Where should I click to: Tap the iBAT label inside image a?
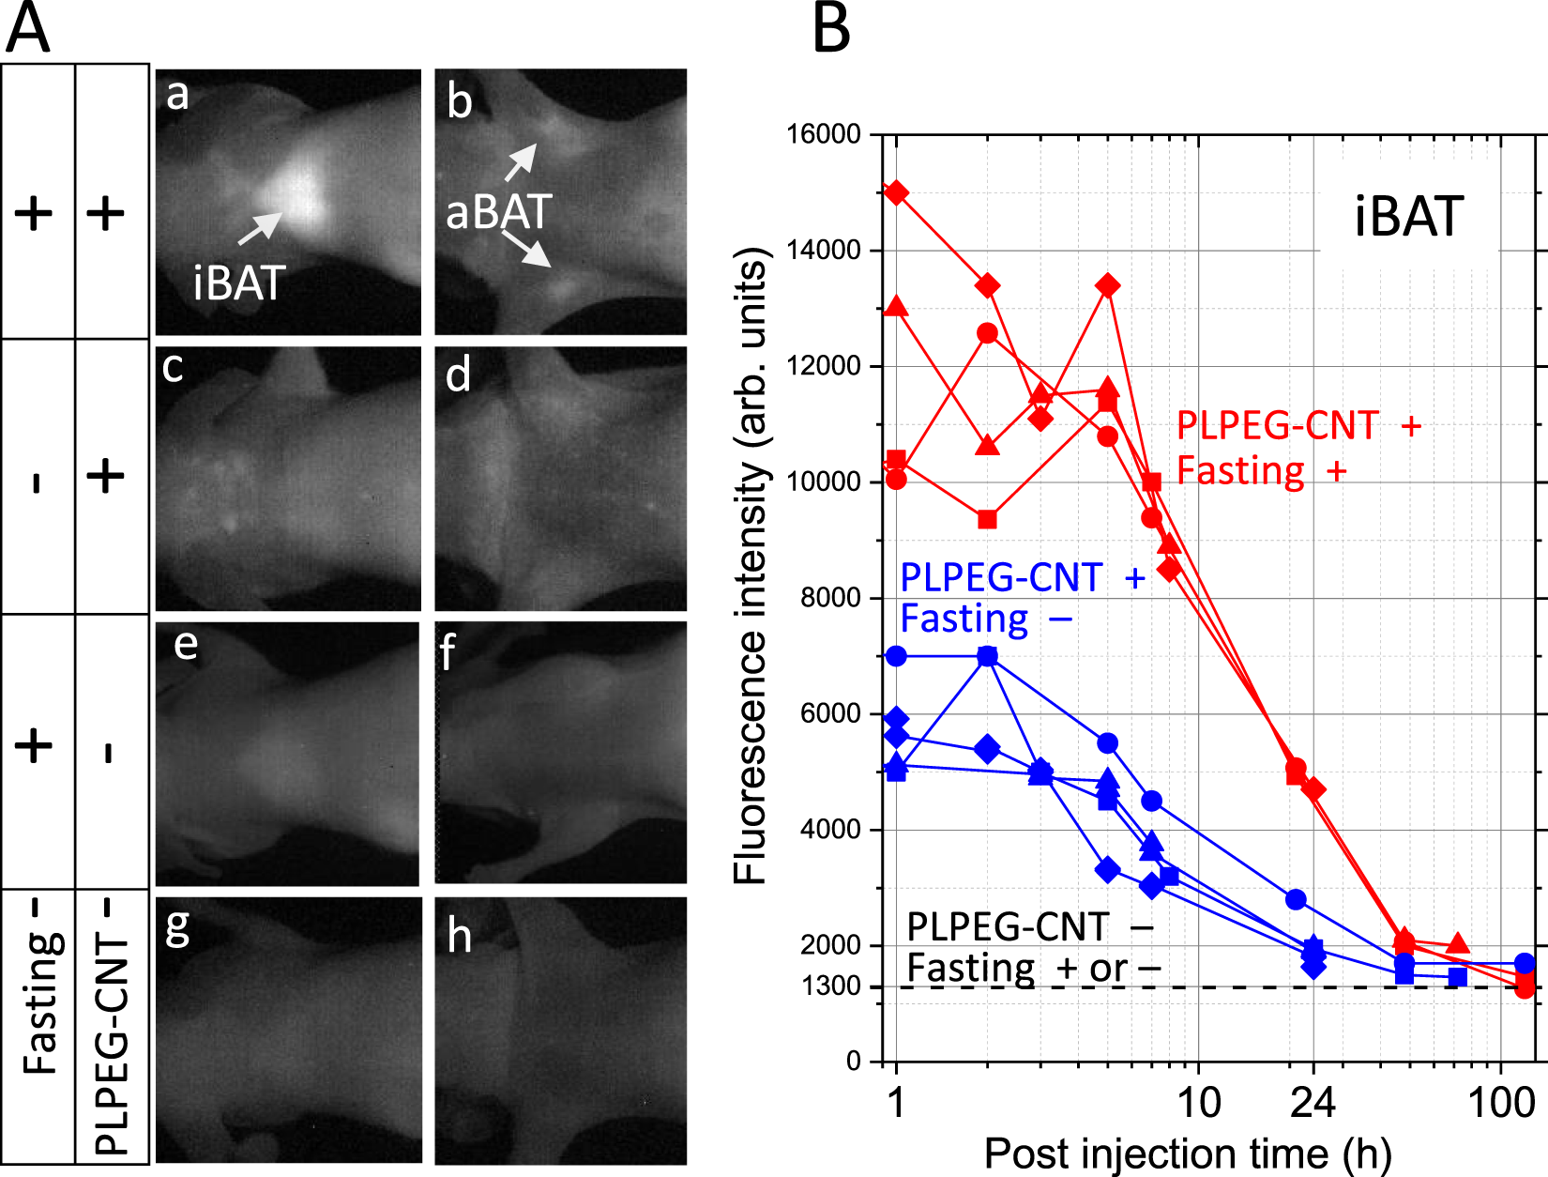[238, 283]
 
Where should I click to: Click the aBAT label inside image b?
[498, 212]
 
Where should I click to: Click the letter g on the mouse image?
[176, 928]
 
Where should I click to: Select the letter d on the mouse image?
[458, 375]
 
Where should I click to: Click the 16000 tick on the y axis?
[823, 134]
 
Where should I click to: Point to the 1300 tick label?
[831, 986]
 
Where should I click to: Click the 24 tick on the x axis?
[1313, 1102]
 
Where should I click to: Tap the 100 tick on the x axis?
[1501, 1102]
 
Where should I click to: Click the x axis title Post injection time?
[1187, 1154]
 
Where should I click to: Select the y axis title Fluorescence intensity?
[751, 565]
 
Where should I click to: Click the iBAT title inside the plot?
[1408, 217]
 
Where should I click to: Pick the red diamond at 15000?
[897, 193]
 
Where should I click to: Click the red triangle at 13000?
[897, 307]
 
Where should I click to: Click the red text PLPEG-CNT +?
[1298, 426]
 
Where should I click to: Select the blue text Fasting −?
[985, 619]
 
